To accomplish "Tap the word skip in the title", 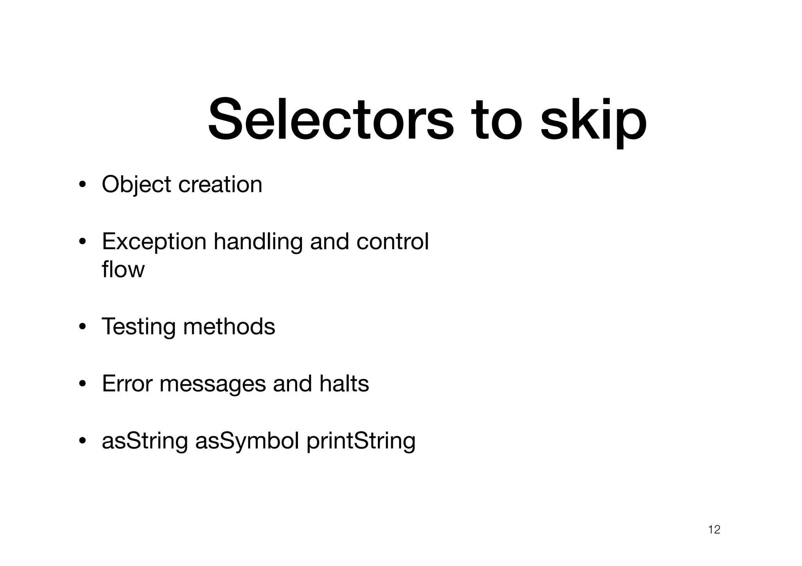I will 593,121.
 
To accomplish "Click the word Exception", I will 154,242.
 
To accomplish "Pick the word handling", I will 258,242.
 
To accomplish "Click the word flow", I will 123,270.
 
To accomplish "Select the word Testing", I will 139,327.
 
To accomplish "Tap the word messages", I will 213,384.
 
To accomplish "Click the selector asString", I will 145,441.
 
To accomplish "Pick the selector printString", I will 361,441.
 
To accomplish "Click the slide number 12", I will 714,530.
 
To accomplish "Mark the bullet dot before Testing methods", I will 82,327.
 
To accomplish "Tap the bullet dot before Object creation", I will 82,185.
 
